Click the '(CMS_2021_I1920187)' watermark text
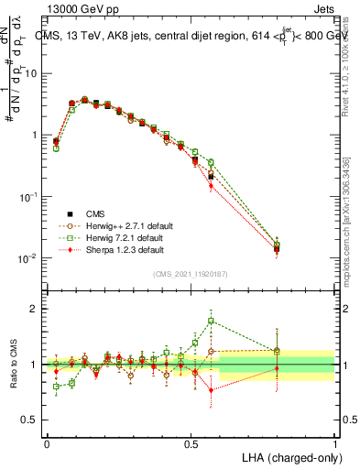coord(191,274)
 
